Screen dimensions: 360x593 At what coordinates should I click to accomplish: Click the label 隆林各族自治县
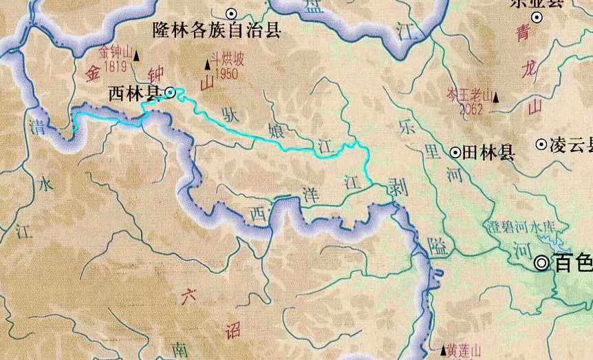click(217, 30)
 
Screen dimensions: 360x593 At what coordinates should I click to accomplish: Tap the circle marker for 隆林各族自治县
click(232, 12)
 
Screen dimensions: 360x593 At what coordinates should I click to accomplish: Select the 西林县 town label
click(134, 94)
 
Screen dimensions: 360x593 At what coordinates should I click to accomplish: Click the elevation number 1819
click(114, 66)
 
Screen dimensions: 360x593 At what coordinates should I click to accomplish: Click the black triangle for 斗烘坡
click(207, 65)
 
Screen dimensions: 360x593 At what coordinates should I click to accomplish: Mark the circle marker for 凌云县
click(541, 145)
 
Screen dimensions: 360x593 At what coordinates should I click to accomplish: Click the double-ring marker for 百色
click(543, 262)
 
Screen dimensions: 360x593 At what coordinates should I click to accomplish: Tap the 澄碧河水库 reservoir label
click(516, 226)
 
